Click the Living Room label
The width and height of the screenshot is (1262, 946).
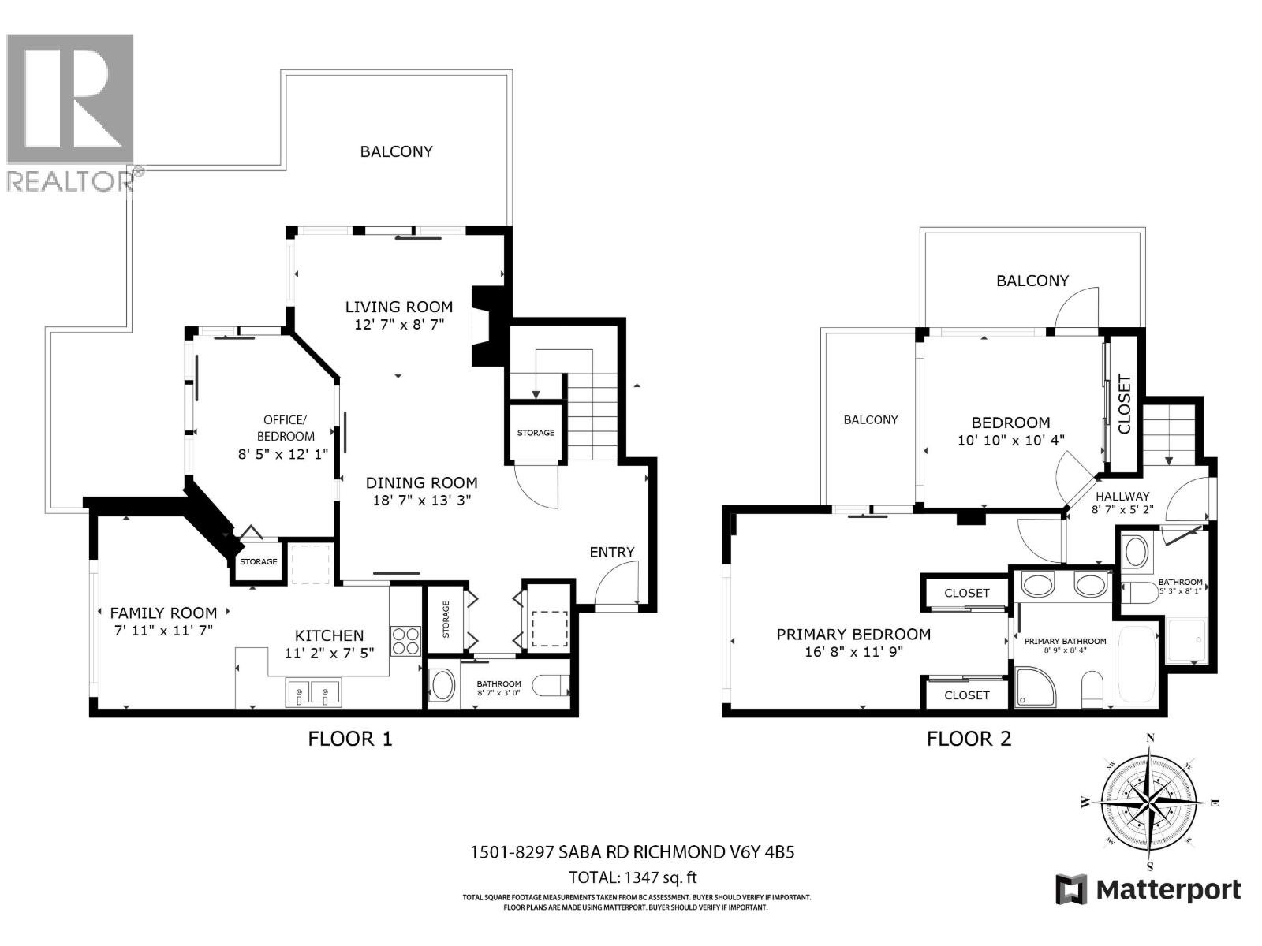(399, 307)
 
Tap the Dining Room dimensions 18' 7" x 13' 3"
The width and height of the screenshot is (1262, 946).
(421, 500)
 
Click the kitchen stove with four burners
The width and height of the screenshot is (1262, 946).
(406, 640)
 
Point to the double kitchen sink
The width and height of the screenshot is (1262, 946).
(312, 694)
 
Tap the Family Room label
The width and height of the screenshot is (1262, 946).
(163, 613)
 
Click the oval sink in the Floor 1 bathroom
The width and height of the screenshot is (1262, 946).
(442, 686)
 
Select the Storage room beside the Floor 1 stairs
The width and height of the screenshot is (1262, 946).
(536, 432)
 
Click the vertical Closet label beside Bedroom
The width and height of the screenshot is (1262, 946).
(1124, 404)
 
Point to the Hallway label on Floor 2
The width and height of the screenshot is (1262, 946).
(1122, 496)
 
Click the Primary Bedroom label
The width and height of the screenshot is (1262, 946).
(853, 634)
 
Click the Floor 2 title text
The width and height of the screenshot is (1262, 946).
(969, 739)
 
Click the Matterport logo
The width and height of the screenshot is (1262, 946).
(1148, 890)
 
